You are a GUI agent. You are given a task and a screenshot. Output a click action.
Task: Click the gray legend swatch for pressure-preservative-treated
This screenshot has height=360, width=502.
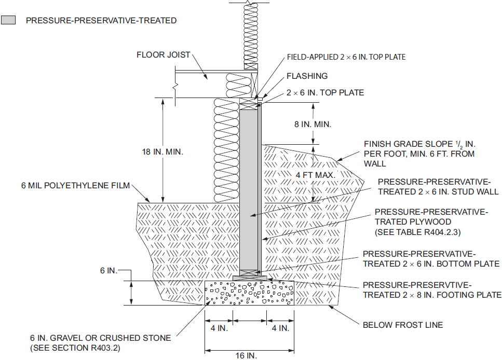pos(8,20)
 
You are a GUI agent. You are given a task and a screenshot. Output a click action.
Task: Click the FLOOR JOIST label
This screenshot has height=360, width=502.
pos(164,54)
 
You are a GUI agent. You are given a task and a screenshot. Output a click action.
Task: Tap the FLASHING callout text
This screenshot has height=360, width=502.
pos(307,76)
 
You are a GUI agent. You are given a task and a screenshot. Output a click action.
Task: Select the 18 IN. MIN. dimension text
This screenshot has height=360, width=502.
pos(162,151)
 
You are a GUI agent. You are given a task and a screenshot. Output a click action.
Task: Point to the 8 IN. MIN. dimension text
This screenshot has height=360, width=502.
pos(313,124)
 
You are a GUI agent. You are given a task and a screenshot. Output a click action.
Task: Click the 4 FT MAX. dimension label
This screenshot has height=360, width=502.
pos(315,175)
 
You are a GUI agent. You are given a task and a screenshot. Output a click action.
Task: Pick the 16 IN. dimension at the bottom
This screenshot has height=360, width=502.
pos(246,355)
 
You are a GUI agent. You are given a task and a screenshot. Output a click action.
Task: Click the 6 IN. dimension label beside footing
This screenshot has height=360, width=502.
pos(108,270)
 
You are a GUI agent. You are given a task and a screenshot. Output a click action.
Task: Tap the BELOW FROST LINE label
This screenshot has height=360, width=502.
pos(403,325)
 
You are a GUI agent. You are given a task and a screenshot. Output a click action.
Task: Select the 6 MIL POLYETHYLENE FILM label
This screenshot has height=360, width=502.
pos(76,186)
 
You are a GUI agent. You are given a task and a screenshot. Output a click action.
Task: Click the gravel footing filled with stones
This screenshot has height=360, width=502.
pos(249,293)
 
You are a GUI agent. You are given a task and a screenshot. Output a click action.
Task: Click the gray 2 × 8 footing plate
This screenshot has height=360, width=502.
pos(250,278)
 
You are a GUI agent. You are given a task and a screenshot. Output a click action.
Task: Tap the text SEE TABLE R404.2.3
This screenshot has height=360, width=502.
pos(418,232)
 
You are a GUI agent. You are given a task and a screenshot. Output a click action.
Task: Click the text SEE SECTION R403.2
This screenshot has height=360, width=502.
pos(75,348)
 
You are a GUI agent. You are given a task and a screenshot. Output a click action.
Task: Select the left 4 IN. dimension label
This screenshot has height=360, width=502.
pos(219,328)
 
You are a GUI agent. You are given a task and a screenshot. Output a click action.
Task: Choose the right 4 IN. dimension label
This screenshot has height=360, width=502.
pos(280,328)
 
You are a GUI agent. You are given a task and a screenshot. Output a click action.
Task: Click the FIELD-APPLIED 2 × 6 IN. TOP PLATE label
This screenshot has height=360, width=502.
pos(346,57)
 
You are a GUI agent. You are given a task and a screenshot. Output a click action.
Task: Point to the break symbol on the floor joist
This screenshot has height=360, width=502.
pos(175,87)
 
